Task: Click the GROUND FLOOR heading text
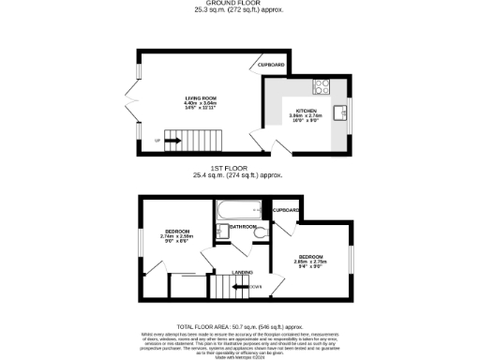[x=239, y=4]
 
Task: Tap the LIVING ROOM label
[x=200, y=97]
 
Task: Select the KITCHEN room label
[x=308, y=111]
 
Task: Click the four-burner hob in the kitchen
[x=321, y=85]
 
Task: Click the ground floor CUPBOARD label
[x=271, y=65]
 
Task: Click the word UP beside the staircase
[x=157, y=142]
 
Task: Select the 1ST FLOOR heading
[x=239, y=169]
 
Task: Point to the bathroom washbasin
[x=221, y=232]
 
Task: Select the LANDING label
[x=243, y=272]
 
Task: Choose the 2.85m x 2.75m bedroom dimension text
[x=311, y=263]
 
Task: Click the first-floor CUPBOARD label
[x=285, y=210]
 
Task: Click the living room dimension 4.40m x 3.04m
[x=200, y=102]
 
